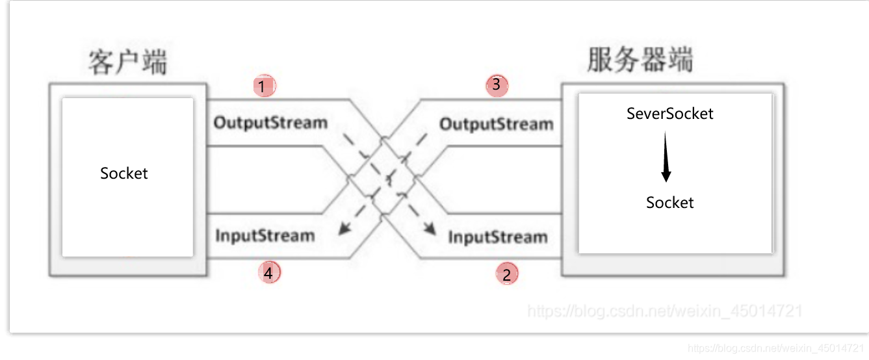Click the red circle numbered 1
[264, 86]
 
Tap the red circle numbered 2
[506, 274]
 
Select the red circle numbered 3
[497, 85]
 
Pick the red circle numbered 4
[268, 273]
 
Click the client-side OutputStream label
[270, 122]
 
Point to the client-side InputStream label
[265, 235]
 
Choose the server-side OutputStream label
[497, 124]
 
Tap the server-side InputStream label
[497, 237]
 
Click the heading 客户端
[127, 62]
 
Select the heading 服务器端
[640, 60]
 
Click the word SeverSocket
[669, 114]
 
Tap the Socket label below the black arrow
[669, 203]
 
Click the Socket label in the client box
[124, 174]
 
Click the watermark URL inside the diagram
[664, 311]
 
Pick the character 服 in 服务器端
[600, 60]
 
